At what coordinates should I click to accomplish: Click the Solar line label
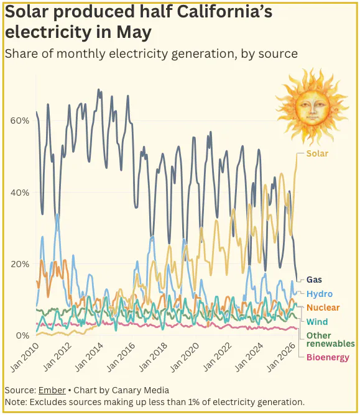coord(317,153)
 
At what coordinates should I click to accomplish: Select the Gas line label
coord(314,280)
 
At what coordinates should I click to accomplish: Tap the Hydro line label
coord(320,294)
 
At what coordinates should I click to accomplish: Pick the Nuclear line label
coord(323,308)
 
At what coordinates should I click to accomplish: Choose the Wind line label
coord(317,322)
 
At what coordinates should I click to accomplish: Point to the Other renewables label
coord(330,340)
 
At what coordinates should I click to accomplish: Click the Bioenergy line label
coord(328,357)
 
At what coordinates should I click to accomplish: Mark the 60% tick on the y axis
coord(20,121)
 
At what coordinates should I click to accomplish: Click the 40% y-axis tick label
coord(20,193)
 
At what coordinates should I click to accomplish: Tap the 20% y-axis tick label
coord(20,264)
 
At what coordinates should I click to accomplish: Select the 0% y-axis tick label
coord(22,335)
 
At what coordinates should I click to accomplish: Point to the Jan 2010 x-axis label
coord(24,357)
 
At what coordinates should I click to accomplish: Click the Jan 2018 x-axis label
coord(153,357)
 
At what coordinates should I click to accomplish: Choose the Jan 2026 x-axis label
coord(281,357)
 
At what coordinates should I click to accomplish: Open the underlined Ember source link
coord(52,390)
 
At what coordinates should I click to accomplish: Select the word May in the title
coord(134,33)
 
